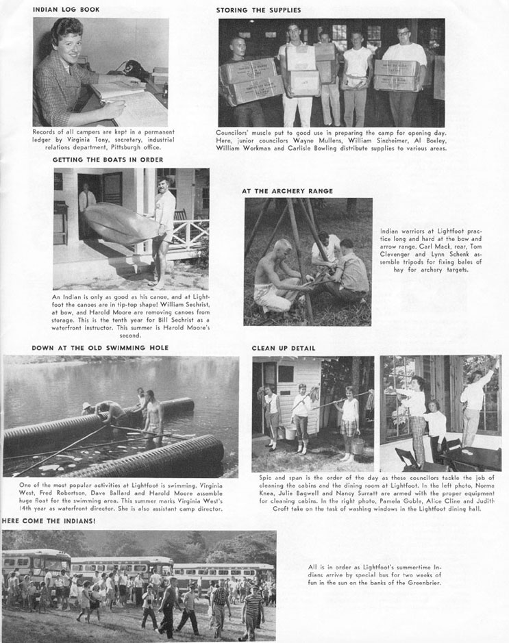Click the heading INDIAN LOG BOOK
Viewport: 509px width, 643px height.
66,10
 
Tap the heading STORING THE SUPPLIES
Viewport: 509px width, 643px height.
258,10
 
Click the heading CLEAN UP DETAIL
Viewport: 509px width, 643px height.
283,349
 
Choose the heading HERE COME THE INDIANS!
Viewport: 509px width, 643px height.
49,521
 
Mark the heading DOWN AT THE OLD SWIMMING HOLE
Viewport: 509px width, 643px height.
100,348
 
